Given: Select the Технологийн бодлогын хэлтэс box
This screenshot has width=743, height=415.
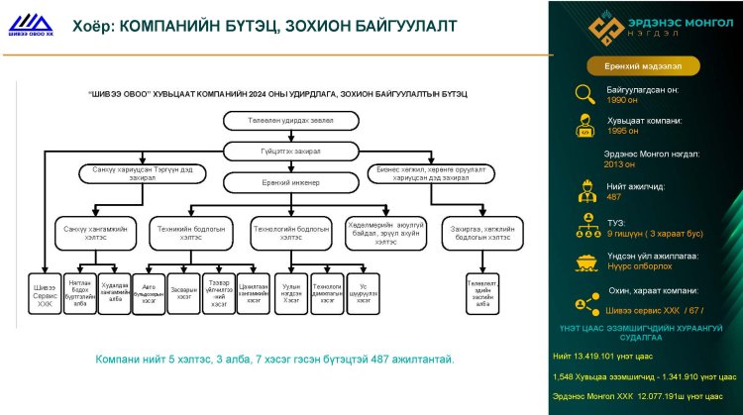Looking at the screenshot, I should [291, 232].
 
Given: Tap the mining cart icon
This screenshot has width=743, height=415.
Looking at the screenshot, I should [586, 259].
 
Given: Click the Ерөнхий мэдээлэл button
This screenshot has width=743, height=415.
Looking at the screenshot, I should [645, 65].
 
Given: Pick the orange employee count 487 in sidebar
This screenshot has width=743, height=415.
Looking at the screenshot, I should [613, 196].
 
